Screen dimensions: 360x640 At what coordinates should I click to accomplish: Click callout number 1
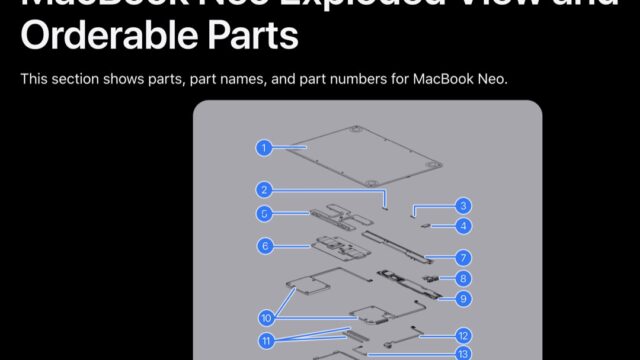point(263,148)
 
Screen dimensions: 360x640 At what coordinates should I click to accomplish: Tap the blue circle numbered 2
point(263,189)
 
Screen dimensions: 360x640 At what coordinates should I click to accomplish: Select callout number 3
point(462,206)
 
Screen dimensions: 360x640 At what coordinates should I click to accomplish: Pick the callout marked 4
point(462,226)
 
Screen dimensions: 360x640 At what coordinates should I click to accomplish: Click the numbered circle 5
point(263,213)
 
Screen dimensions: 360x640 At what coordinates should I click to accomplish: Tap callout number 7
point(462,257)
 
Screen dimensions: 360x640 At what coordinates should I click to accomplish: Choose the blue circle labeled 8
point(462,278)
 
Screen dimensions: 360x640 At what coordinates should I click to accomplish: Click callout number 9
point(462,298)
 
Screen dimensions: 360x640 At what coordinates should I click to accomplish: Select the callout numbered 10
point(266,318)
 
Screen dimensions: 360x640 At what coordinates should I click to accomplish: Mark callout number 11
point(266,341)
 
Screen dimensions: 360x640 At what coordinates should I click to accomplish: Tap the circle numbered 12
point(462,336)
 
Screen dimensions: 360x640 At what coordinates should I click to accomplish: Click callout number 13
point(462,353)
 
